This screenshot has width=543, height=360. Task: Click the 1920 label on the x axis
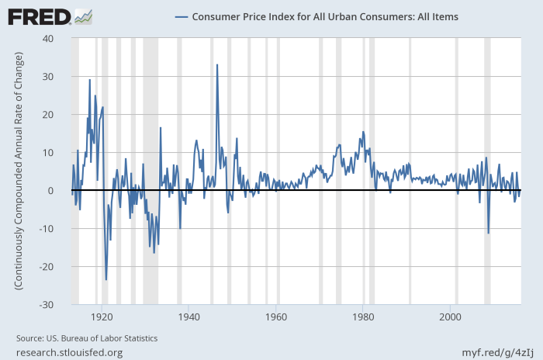101,317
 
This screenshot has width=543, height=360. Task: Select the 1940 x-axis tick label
188,317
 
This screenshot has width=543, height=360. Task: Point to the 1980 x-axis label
363,317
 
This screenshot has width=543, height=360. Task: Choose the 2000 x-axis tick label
451,317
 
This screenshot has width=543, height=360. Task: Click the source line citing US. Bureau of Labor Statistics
87,338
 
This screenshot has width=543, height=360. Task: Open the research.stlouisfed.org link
69,352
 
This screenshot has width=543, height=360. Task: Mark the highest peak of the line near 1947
217,64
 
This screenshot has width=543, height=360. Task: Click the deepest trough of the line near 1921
106,279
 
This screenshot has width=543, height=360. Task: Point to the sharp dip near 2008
488,233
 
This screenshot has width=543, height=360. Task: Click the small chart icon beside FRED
84,16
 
